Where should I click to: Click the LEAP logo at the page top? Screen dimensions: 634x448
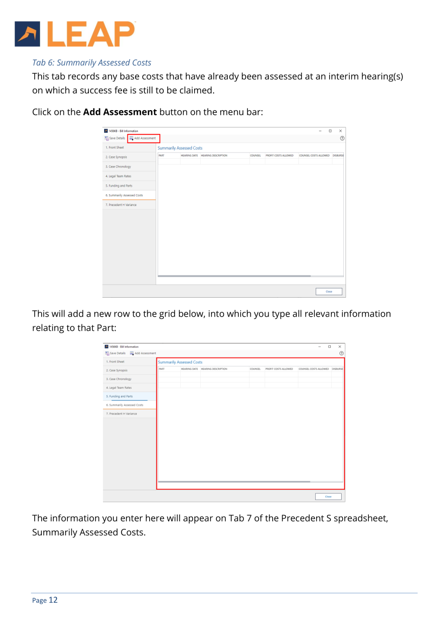(x=75, y=33)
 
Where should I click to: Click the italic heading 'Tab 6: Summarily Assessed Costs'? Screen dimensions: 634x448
(x=92, y=63)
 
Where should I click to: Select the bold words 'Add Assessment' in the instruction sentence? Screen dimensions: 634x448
(x=120, y=112)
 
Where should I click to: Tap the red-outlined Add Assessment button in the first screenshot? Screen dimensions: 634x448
(x=144, y=138)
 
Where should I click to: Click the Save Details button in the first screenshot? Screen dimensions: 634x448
(x=114, y=138)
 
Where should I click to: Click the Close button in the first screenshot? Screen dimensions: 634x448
(x=329, y=291)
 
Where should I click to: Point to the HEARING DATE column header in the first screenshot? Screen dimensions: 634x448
(x=189, y=156)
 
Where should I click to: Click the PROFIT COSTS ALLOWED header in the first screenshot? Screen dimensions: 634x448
(x=279, y=156)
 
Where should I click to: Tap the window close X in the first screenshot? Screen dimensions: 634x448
(x=340, y=131)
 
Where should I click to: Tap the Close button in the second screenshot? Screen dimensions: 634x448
(x=328, y=496)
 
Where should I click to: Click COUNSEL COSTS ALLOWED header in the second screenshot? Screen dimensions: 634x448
(x=314, y=369)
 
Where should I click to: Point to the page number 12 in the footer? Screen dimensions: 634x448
(x=53, y=600)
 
